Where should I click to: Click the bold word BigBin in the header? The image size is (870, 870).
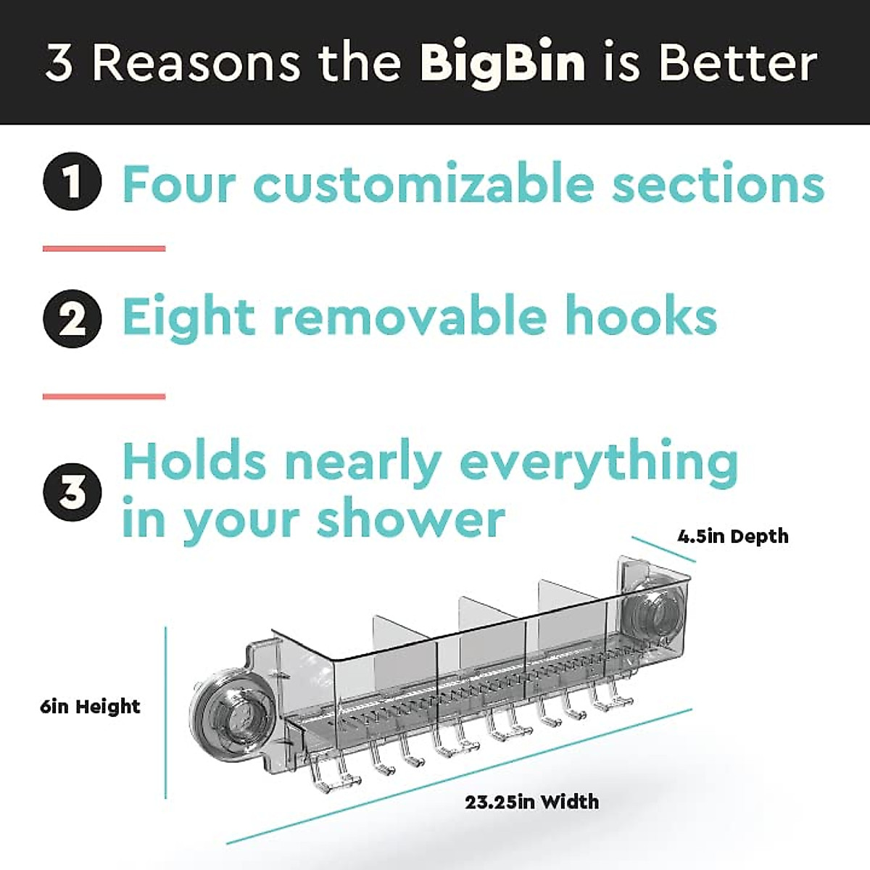click(502, 64)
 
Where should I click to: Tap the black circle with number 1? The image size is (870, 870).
click(72, 181)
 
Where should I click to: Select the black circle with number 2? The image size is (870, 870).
click(72, 318)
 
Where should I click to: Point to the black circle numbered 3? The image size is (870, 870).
click(72, 492)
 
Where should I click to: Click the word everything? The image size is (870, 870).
click(599, 463)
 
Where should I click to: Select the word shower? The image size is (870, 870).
click(411, 519)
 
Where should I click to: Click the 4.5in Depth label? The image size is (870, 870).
click(733, 536)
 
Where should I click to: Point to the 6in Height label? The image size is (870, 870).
click(91, 706)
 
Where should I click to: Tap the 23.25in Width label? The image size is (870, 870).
click(532, 802)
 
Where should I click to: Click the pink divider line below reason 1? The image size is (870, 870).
click(104, 249)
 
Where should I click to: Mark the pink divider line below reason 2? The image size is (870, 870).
click(104, 397)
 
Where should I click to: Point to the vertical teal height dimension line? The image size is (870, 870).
click(166, 710)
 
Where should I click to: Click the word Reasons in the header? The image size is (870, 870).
click(196, 64)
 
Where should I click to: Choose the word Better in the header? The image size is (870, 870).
click(738, 64)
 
